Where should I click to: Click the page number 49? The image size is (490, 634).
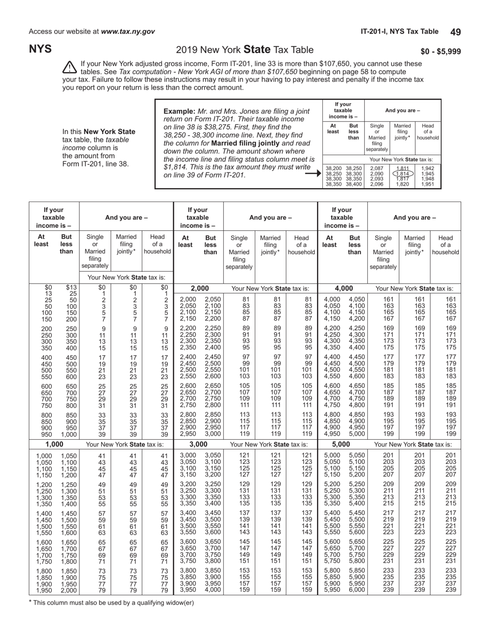pyautogui.click(x=455, y=32)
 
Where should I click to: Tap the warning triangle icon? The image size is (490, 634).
pyautogui.click(x=69, y=68)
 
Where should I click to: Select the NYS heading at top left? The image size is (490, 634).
pyautogui.click(x=40, y=49)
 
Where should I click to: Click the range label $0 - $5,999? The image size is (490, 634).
pyautogui.click(x=440, y=51)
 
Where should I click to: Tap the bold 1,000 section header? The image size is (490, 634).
pyautogui.click(x=54, y=444)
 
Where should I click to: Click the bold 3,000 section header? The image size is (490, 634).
pyautogui.click(x=199, y=444)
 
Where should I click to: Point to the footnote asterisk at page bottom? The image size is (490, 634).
pyautogui.click(x=30, y=601)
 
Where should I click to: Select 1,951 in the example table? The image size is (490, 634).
pyautogui.click(x=428, y=184)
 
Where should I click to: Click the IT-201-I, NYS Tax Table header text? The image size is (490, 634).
pyautogui.click(x=399, y=31)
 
